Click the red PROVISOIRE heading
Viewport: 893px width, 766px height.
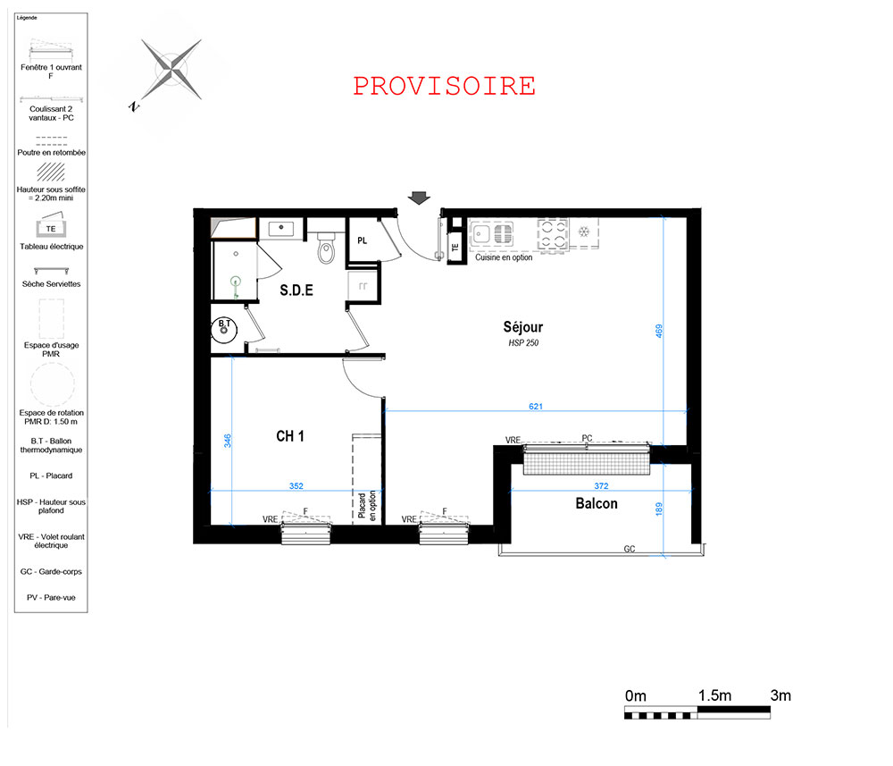pos(444,86)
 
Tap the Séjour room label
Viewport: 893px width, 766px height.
pos(522,327)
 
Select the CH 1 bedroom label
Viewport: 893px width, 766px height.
pos(290,436)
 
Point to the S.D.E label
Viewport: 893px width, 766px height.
pos(296,290)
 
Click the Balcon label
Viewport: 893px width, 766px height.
pos(597,503)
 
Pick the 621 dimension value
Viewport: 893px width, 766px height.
pos(535,407)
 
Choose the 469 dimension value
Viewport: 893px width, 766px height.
pos(659,331)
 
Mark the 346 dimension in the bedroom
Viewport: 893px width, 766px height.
pos(227,441)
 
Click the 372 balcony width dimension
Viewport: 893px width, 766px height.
pos(601,485)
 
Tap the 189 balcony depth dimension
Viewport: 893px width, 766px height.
pos(659,509)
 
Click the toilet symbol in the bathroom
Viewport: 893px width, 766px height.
pos(326,248)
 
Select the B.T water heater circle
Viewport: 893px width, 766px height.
pos(224,330)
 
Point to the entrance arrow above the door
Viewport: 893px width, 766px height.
pos(419,198)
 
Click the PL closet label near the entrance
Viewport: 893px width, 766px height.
pos(363,240)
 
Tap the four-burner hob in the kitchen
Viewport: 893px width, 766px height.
pos(553,234)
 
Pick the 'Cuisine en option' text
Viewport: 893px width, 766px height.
pos(504,257)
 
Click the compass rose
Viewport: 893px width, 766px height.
pos(171,70)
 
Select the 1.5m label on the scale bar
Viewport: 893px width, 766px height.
pos(714,695)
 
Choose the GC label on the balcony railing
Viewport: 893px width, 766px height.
pos(630,549)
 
